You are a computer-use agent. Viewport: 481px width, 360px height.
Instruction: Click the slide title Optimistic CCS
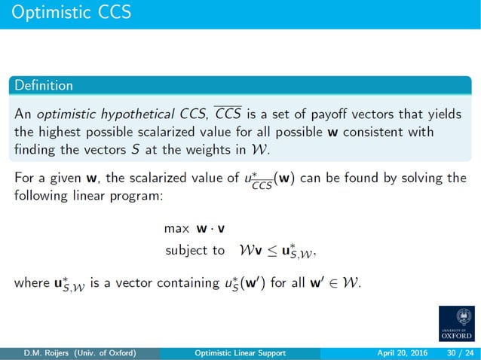tap(72, 13)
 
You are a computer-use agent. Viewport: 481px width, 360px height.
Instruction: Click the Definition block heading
tap(44, 85)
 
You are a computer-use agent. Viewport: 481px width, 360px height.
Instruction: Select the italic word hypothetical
tap(124, 114)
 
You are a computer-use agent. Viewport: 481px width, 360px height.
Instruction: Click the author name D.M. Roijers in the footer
tap(44, 352)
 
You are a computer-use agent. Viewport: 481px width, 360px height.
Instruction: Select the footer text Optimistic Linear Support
tap(240, 352)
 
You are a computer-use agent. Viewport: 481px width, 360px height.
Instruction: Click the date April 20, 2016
tap(400, 352)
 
